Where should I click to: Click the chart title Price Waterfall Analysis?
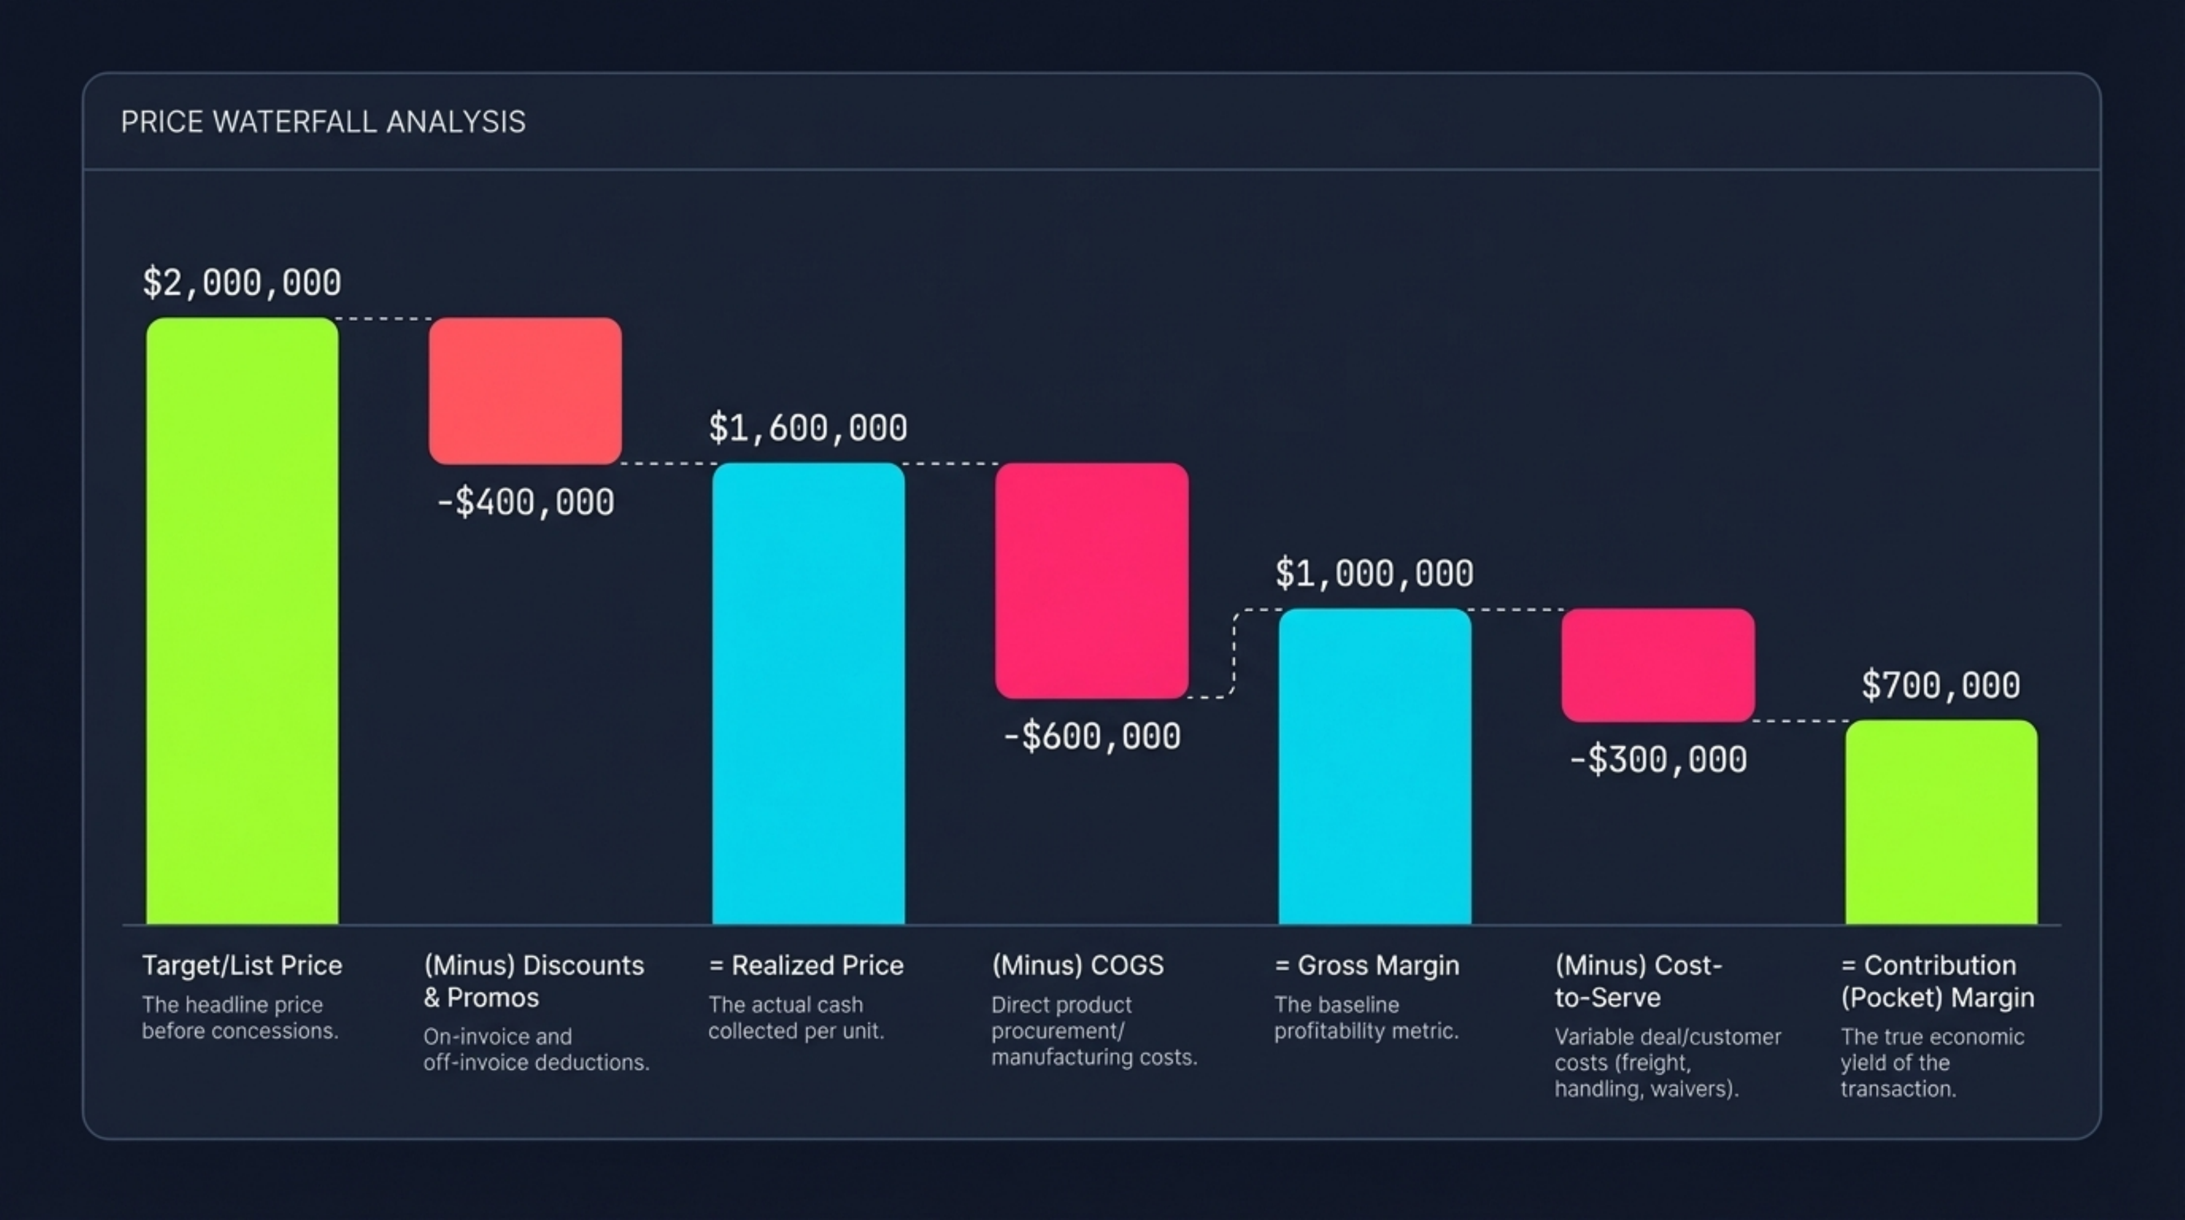pos(323,122)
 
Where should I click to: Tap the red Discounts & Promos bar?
pos(525,391)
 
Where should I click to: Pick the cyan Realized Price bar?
pos(808,693)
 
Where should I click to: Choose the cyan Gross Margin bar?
pos(1375,766)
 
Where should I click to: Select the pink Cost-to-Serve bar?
pos(1658,665)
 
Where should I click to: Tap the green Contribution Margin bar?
pos(1942,822)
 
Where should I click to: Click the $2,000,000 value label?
pos(242,282)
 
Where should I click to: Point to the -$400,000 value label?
pos(525,503)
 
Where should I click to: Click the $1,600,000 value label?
pos(808,428)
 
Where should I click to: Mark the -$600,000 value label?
pos(1092,736)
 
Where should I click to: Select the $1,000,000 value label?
pos(1375,573)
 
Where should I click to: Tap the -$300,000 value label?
pos(1658,759)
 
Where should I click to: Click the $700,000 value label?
pos(1941,685)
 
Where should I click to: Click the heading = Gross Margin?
pos(1367,966)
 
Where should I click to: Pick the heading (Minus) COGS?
pos(1077,966)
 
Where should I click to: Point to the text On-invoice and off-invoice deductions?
pos(536,1050)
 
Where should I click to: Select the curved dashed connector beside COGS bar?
pos(1234,653)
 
